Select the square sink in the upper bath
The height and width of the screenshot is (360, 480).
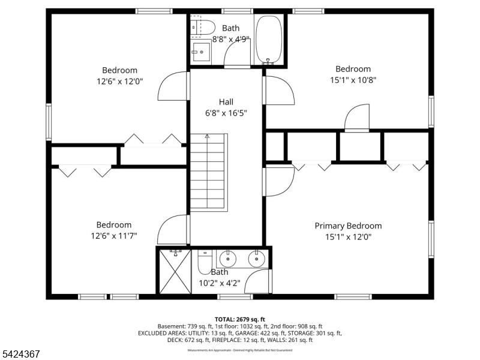point(201,52)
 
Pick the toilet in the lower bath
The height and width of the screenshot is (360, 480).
point(203,261)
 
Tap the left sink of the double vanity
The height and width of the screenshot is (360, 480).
point(228,259)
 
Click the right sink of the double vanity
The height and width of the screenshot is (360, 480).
point(256,259)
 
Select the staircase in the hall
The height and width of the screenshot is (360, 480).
point(208,172)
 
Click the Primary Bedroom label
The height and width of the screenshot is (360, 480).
point(348,226)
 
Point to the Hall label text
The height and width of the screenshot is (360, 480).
point(226,102)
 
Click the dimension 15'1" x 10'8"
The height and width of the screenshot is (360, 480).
point(353,79)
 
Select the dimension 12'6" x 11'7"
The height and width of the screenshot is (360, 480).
point(114,235)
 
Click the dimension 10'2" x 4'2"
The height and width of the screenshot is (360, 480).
point(220,283)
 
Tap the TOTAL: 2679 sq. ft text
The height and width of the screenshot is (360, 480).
point(239,319)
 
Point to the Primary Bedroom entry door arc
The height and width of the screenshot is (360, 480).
point(280,179)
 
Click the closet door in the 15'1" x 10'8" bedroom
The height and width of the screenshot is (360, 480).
point(358,117)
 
